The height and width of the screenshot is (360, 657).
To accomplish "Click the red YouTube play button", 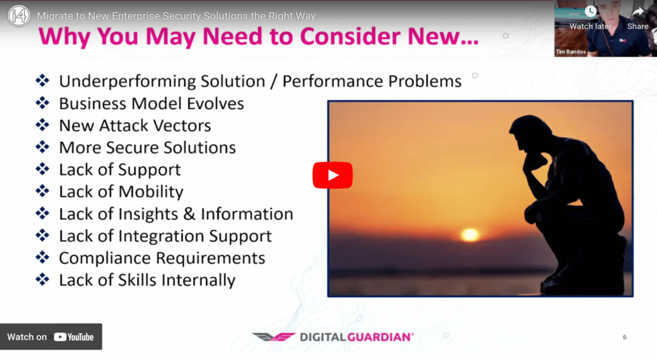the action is tap(332, 175).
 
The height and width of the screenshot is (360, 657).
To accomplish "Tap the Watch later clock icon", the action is tap(591, 12).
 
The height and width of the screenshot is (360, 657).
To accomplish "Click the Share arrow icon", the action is tap(638, 12).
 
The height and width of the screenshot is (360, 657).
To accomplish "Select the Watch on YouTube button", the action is tap(51, 336).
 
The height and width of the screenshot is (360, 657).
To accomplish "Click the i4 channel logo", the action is tap(19, 16).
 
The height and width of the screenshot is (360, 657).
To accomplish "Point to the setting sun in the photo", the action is tap(470, 234).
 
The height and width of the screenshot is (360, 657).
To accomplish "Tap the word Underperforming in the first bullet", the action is tap(127, 81).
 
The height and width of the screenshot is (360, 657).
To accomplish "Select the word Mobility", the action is tap(151, 192).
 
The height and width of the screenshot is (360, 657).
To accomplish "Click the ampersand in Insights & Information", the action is tap(189, 214).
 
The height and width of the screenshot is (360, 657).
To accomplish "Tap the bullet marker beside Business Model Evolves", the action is tap(42, 103).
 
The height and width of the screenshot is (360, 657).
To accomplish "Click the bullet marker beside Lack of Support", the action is tap(42, 169).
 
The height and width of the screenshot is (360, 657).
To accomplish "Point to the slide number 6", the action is tap(625, 337).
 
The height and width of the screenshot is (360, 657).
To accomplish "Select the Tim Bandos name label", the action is tap(570, 52).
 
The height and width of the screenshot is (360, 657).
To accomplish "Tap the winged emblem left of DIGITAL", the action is tap(273, 337).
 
